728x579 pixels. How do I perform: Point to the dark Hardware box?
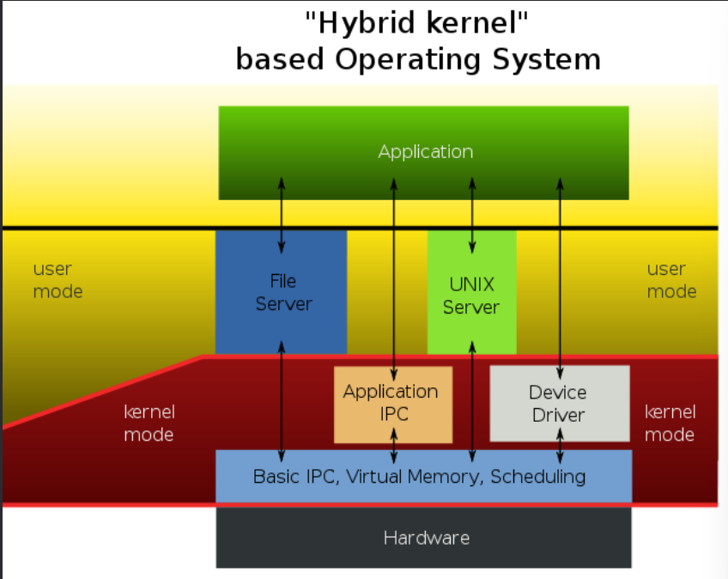[426, 539]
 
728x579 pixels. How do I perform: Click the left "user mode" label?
[58, 281]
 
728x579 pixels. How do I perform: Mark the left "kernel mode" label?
[149, 423]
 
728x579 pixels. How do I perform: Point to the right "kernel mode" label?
[670, 423]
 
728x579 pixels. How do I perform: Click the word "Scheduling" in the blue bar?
[538, 476]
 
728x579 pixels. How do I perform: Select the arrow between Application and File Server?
[282, 215]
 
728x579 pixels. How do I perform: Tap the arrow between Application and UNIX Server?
[471, 215]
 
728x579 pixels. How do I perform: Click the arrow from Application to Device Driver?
[561, 275]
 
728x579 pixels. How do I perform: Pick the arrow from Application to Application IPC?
[393, 275]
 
